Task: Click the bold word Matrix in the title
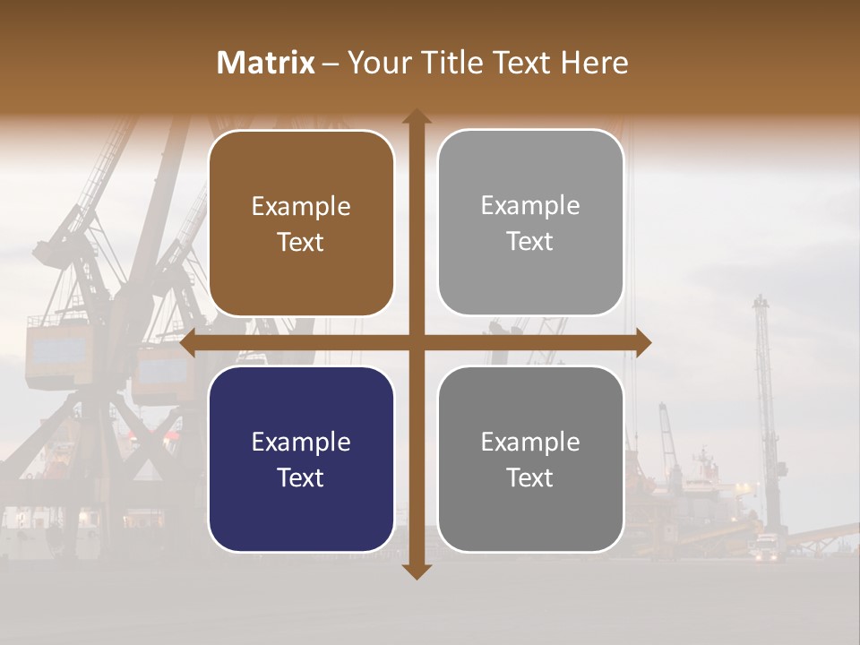(x=265, y=63)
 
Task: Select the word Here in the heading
(x=594, y=63)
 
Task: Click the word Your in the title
(x=377, y=63)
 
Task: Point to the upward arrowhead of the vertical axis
(x=416, y=116)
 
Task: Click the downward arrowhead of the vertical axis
(x=416, y=572)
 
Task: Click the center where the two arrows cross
(x=416, y=342)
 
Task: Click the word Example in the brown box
(x=301, y=207)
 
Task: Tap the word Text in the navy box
(x=301, y=477)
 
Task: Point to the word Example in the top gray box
(x=530, y=206)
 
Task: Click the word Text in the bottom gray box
(x=530, y=477)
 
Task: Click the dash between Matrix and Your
(x=331, y=64)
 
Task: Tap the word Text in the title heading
(x=524, y=63)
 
